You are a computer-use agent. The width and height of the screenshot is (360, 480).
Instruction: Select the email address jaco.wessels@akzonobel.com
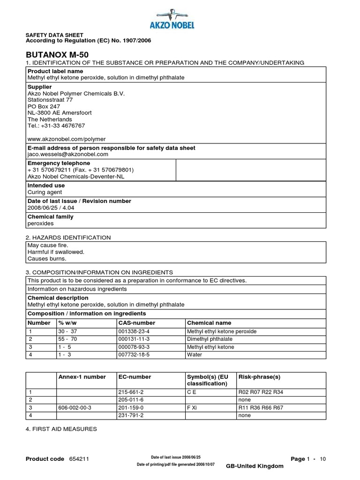coord(68,154)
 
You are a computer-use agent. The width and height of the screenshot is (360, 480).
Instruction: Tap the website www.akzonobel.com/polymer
coord(67,139)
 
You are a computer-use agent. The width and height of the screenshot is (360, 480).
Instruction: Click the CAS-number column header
coord(136,323)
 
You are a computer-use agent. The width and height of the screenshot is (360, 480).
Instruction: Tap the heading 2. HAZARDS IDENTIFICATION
coord(69,238)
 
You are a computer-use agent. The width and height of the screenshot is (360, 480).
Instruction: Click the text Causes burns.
coord(47,258)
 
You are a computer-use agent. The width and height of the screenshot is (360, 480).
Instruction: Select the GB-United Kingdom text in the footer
coord(255,466)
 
